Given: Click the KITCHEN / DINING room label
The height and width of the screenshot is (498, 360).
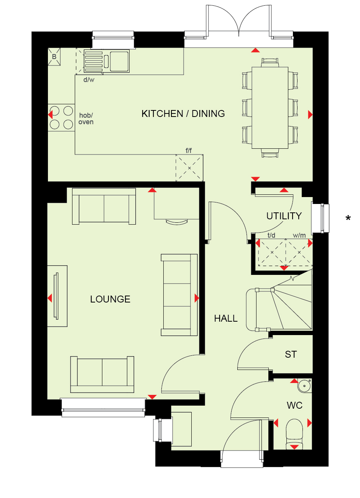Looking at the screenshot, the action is pyautogui.click(x=183, y=113).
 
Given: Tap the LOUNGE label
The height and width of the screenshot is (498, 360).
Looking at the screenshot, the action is pyautogui.click(x=110, y=299).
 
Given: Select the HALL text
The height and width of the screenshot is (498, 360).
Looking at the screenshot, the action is pyautogui.click(x=226, y=319).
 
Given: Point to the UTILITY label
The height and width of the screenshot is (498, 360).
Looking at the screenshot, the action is pyautogui.click(x=284, y=216).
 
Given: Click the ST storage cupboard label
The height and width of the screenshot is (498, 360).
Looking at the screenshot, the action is pyautogui.click(x=291, y=354).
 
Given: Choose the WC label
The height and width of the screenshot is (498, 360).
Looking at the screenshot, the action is pyautogui.click(x=294, y=406).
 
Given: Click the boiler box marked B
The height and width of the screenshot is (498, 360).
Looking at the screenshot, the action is pyautogui.click(x=54, y=57).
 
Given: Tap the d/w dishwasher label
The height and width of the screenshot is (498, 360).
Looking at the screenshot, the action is pyautogui.click(x=89, y=80).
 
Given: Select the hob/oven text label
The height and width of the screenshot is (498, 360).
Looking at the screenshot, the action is pyautogui.click(x=86, y=118).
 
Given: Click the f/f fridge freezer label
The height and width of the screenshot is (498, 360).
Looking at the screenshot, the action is pyautogui.click(x=189, y=151).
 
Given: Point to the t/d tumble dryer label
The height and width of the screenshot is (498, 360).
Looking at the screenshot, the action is pyautogui.click(x=271, y=235).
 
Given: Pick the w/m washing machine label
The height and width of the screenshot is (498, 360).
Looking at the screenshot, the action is pyautogui.click(x=299, y=235).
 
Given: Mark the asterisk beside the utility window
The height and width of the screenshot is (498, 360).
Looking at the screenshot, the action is pyautogui.click(x=348, y=218).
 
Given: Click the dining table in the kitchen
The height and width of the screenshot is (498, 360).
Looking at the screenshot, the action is pyautogui.click(x=270, y=108).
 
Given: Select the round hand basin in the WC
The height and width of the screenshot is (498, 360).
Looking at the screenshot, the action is pyautogui.click(x=304, y=386).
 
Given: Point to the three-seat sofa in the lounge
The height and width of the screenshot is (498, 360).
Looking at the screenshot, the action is pyautogui.click(x=179, y=295).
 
